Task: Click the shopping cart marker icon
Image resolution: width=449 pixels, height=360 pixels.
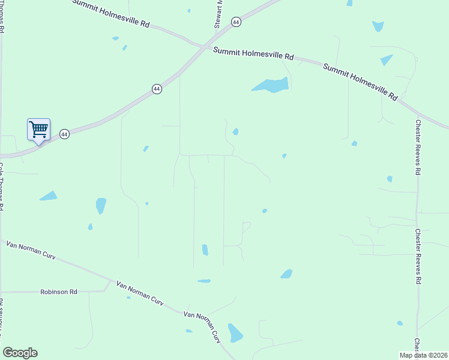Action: click(x=38, y=129)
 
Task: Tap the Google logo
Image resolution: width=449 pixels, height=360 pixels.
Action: click(x=20, y=353)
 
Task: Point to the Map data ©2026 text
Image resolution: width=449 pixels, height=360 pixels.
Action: click(x=423, y=355)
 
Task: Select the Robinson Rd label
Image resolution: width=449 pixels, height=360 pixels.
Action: click(x=59, y=292)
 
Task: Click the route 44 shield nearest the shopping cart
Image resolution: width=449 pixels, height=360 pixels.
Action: click(x=65, y=134)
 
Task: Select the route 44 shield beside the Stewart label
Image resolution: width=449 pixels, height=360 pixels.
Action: click(x=236, y=22)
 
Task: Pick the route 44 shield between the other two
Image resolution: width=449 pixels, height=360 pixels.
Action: click(x=157, y=89)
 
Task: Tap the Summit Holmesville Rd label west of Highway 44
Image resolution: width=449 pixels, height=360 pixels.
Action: click(x=111, y=14)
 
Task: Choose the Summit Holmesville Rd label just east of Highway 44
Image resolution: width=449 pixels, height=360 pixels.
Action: click(x=253, y=53)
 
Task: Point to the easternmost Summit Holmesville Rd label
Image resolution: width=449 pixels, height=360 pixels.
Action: click(x=361, y=82)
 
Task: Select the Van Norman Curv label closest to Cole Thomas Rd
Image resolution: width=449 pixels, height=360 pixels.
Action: click(x=31, y=250)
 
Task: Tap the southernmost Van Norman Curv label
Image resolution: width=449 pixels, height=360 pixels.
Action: click(x=202, y=328)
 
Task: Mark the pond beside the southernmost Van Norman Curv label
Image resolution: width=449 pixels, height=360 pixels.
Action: click(x=235, y=332)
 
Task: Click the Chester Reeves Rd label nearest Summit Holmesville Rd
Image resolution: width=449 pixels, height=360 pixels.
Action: click(x=418, y=147)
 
